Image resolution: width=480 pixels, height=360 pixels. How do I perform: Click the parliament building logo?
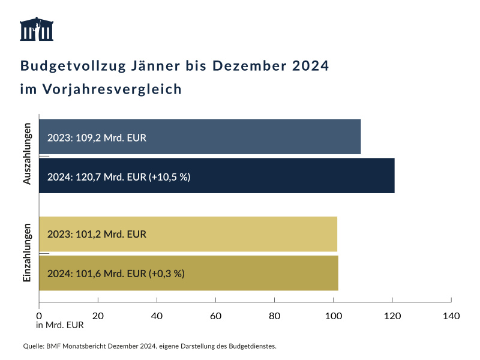click(x=37, y=29)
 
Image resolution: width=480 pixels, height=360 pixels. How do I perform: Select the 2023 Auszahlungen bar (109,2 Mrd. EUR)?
click(x=200, y=137)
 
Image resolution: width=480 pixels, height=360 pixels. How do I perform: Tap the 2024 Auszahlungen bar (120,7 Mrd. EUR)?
click(x=217, y=176)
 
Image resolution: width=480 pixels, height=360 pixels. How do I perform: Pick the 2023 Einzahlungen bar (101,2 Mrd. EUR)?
click(x=188, y=234)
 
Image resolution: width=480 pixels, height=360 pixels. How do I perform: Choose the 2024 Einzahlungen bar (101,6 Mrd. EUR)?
click(x=188, y=273)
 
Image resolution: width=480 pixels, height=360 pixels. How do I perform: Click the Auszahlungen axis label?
click(x=27, y=155)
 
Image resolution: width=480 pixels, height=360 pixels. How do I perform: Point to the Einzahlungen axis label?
click(x=27, y=253)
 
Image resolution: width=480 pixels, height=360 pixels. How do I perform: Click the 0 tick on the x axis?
click(x=39, y=316)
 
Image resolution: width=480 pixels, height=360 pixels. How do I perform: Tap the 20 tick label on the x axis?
click(x=98, y=316)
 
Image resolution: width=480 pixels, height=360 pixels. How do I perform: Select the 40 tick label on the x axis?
click(x=157, y=316)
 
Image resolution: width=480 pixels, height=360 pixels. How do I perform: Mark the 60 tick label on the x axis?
click(x=215, y=316)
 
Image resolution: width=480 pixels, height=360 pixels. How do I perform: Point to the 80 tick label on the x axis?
click(x=274, y=316)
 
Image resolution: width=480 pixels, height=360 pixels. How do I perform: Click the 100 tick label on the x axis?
click(x=333, y=316)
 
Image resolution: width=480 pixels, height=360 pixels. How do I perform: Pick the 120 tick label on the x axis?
click(x=392, y=316)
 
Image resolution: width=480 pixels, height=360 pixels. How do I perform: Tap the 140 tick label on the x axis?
click(x=451, y=316)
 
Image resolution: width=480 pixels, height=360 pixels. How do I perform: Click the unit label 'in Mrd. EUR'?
click(x=60, y=326)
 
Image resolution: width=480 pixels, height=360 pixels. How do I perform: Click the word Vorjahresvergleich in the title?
click(x=112, y=89)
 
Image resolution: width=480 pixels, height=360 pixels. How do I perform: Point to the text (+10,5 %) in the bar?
click(x=170, y=176)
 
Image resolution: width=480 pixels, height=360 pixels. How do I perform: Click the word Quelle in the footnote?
click(x=33, y=346)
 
